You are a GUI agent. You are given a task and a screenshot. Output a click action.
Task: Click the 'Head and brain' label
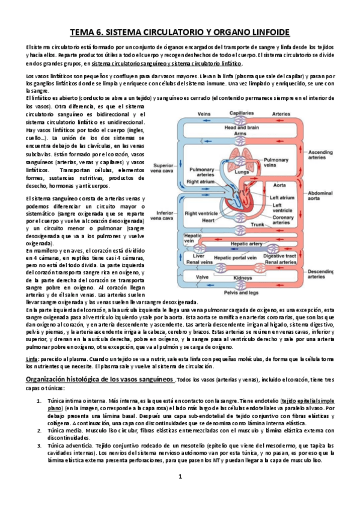click(x=241, y=127)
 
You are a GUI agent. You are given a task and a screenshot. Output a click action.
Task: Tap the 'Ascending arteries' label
click(x=320, y=155)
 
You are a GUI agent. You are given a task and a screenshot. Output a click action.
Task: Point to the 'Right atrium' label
click(x=200, y=180)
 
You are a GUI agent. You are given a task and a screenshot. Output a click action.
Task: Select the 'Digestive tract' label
click(x=279, y=256)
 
